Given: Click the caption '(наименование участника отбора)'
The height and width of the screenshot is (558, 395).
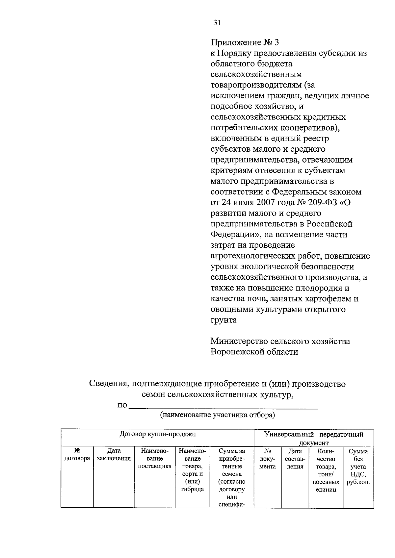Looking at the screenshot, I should pos(217,415).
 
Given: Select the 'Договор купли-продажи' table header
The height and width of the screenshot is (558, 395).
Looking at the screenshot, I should pos(157,434).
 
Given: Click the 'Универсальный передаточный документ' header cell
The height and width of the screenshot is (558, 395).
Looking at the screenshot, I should pos(314,438).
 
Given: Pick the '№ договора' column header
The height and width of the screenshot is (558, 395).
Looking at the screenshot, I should pos(77,455).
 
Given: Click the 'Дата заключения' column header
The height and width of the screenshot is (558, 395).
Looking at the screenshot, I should pos(114,455).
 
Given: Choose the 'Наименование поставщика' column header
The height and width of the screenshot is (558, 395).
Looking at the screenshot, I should pos(154,459).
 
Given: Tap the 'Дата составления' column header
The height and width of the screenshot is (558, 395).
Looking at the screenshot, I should pos(295,459).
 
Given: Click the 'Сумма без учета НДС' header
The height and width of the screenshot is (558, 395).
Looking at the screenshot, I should pos(358,466).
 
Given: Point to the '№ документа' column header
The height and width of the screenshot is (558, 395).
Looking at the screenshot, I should pos(267,459).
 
